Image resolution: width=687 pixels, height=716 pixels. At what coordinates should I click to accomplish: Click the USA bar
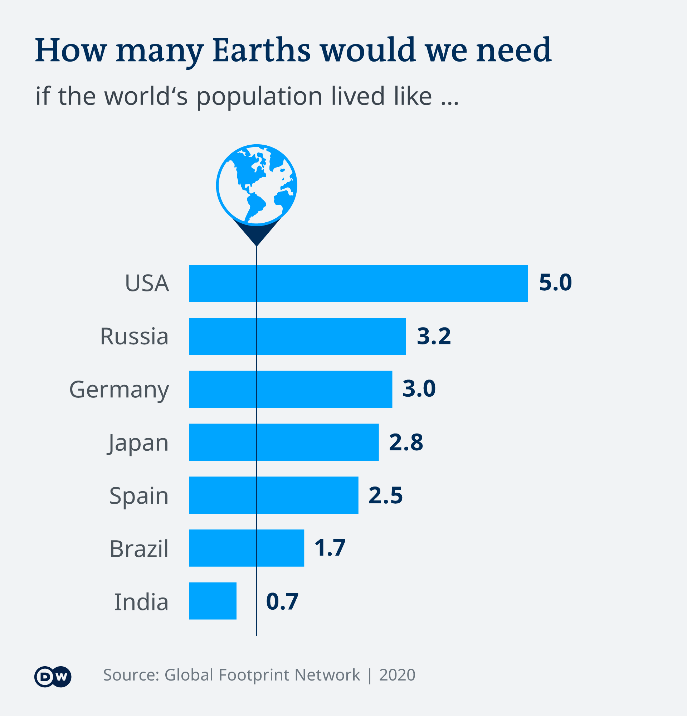358,284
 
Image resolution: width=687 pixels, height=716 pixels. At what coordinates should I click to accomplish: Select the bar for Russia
297,336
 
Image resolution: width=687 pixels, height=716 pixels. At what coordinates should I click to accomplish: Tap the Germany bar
290,389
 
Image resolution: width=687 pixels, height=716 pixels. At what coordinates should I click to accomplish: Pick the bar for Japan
284,442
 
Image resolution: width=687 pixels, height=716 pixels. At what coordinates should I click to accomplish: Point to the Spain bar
273,495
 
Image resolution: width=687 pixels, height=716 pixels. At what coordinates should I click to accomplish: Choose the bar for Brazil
247,548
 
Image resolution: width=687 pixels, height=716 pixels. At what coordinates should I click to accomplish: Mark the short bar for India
213,601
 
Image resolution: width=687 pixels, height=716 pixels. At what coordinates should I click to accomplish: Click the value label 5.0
555,283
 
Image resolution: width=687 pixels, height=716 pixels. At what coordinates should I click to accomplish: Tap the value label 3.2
434,336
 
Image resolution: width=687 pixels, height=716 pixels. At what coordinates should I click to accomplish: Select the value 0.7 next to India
282,601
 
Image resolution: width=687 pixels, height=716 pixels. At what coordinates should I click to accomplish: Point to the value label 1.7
330,548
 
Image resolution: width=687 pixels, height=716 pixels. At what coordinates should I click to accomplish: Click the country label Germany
119,390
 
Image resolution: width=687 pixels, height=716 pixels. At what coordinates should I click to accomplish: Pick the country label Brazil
139,549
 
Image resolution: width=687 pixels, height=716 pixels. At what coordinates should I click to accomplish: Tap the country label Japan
138,443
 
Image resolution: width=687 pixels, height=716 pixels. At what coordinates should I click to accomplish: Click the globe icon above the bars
256,185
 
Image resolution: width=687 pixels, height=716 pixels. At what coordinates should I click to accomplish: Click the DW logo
53,677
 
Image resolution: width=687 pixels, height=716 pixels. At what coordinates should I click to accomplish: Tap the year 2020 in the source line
397,675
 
